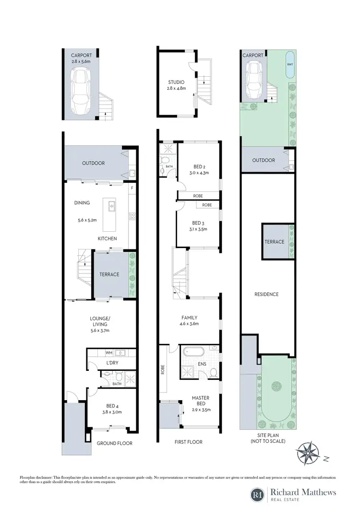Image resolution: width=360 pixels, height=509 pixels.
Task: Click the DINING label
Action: click(82, 203)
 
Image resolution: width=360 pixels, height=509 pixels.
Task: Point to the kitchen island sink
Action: click(112, 207)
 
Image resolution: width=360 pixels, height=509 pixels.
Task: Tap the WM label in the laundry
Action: click(108, 353)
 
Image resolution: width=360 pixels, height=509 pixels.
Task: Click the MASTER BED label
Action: click(201, 401)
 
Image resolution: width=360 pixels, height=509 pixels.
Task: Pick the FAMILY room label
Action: click(189, 318)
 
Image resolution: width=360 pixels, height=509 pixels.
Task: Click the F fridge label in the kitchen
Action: click(132, 188)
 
